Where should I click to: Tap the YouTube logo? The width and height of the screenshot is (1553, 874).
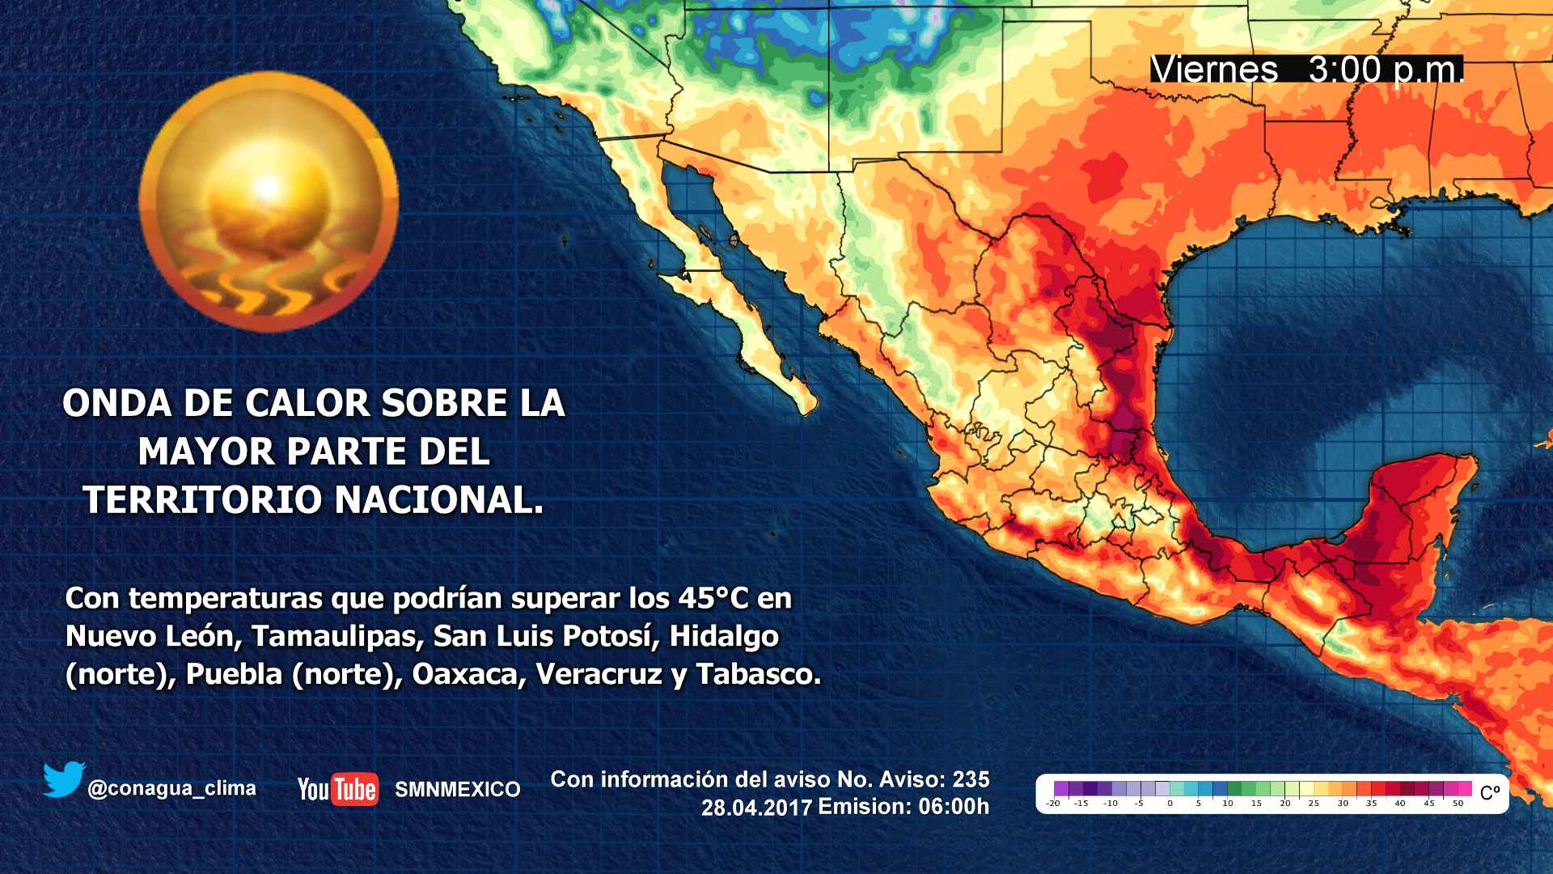[337, 789]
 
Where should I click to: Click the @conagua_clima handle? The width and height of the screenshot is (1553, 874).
[171, 788]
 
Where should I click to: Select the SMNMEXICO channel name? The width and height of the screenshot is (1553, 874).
[457, 790]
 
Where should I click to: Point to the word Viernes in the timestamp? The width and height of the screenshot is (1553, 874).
[1213, 70]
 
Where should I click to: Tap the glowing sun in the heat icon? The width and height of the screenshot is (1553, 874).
[268, 188]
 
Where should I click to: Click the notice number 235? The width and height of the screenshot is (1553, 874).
[971, 779]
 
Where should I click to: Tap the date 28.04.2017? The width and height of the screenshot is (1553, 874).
[756, 807]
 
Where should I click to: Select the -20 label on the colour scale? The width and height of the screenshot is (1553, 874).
[1052, 804]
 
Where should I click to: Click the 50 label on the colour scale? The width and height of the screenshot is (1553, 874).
[1458, 804]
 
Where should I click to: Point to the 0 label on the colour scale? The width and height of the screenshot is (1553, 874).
[1170, 804]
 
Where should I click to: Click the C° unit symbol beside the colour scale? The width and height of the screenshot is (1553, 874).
[1489, 793]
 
